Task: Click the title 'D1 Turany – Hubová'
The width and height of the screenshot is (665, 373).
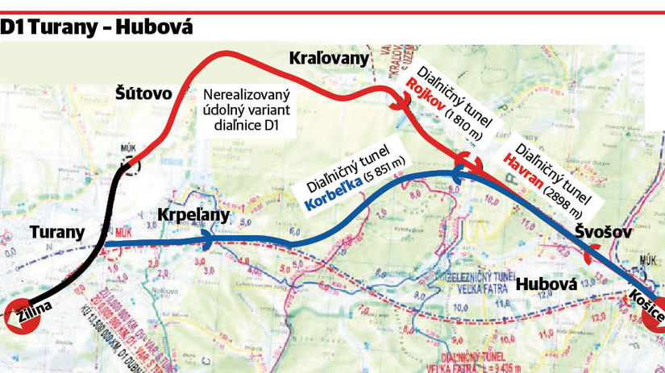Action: click(x=97, y=27)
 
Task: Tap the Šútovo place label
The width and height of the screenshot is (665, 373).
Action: click(x=143, y=93)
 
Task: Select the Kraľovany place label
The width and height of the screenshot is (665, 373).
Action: click(x=328, y=58)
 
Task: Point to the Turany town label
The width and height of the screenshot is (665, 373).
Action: click(x=56, y=233)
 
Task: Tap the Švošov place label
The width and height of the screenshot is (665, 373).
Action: click(x=605, y=232)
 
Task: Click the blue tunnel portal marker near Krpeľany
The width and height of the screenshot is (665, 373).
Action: click(x=208, y=240)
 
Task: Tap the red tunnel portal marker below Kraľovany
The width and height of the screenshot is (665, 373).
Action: click(x=397, y=102)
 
